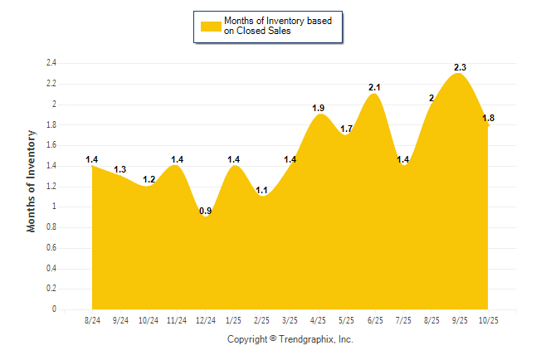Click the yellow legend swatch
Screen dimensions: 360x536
(210, 26)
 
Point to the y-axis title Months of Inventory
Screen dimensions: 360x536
(32, 180)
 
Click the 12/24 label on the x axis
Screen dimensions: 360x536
(205, 320)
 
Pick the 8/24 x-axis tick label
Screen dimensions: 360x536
(92, 320)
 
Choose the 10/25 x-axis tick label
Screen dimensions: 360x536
(488, 320)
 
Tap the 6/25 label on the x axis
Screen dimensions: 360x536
(374, 320)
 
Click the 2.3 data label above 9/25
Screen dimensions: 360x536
(460, 67)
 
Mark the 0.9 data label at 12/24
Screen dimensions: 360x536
(205, 211)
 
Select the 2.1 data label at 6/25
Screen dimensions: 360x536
(374, 87)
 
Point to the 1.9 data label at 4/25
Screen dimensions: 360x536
(318, 108)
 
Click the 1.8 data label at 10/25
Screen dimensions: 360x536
(489, 119)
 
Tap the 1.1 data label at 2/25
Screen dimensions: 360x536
(261, 190)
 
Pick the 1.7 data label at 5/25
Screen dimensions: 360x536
(346, 129)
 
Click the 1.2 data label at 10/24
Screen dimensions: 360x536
(149, 179)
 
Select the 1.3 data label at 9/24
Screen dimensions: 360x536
(120, 169)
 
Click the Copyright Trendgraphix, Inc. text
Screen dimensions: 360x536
(290, 339)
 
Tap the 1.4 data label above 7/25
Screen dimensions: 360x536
(403, 159)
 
